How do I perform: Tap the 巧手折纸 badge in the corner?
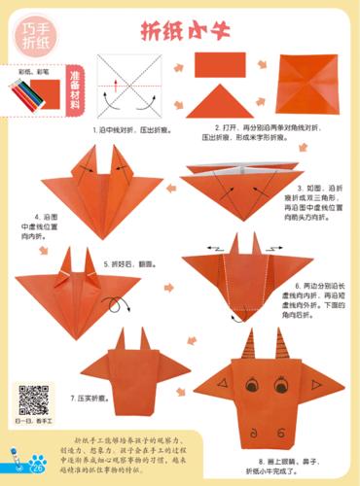35,39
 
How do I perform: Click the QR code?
34,400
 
